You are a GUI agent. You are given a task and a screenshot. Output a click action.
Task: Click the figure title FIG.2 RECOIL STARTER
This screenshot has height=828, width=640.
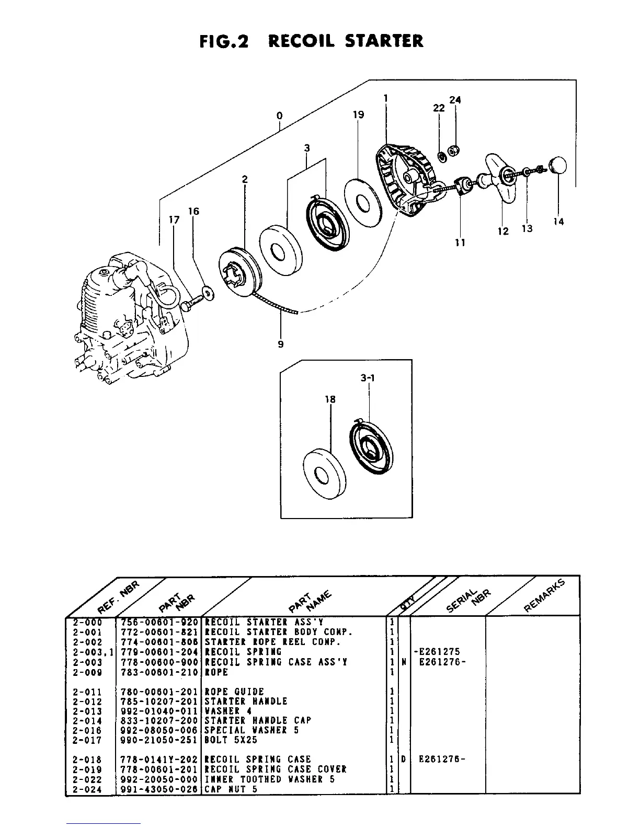pos(312,41)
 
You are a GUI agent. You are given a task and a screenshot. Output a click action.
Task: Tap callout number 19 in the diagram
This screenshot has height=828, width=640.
pos(358,114)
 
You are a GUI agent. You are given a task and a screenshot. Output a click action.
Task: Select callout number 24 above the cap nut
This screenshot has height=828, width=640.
pos(455,100)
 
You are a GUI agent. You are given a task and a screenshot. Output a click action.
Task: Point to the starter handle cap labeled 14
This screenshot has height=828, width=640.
pos(558,166)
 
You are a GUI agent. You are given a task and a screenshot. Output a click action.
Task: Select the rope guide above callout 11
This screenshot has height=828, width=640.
pos(461,185)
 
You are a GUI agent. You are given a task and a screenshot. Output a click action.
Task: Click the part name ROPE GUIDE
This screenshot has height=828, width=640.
pos(234,692)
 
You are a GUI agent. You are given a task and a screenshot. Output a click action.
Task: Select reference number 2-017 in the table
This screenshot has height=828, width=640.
pos(87,740)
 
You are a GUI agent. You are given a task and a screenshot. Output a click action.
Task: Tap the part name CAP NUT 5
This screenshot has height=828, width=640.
pos(231,789)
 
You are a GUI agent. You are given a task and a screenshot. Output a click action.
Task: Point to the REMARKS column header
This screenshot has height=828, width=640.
pos(544,596)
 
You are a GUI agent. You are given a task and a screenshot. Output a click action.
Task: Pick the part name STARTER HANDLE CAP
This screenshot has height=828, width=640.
pos(257,720)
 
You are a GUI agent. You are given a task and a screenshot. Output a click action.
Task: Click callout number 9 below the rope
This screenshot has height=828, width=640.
pos(281,344)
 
